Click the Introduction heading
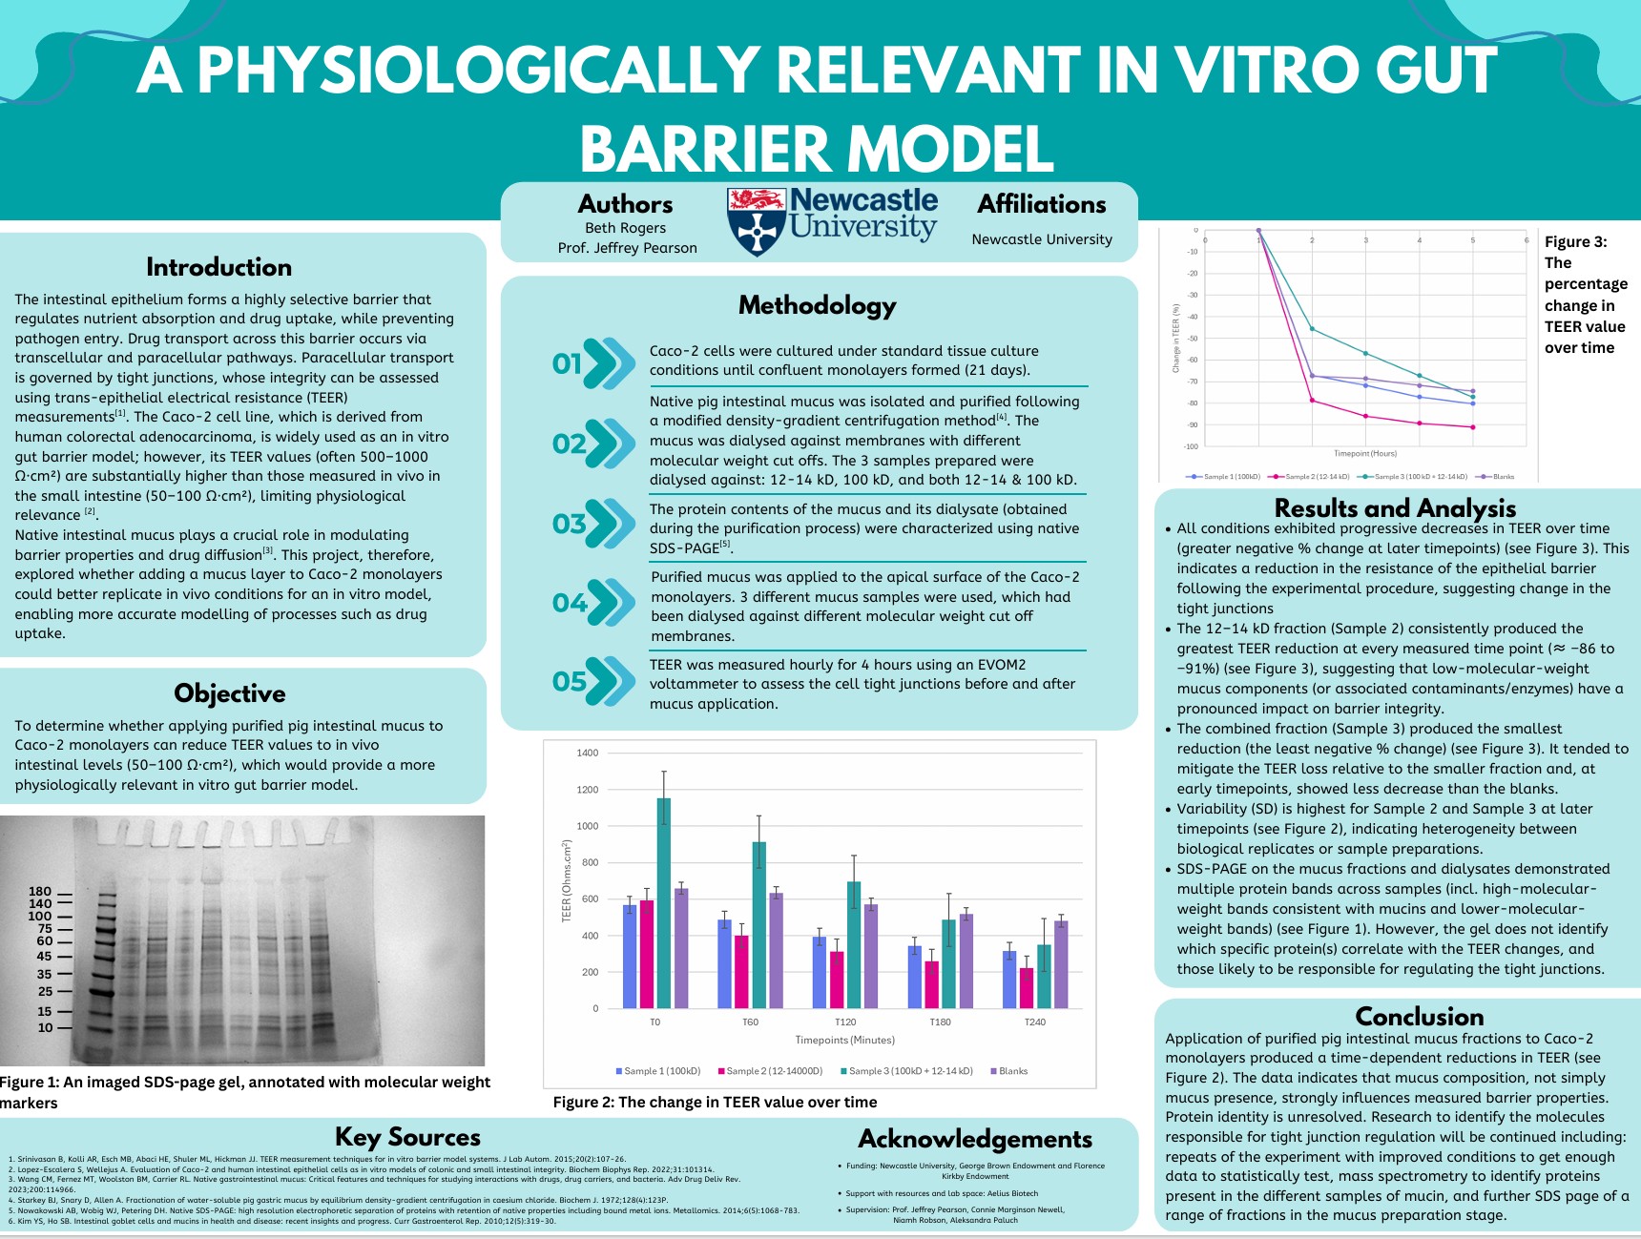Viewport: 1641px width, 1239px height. [x=218, y=267]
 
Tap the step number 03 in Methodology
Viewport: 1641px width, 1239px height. [x=570, y=524]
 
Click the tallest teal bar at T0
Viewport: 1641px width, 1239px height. [x=663, y=902]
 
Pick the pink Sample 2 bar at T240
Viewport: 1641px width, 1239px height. [x=1027, y=988]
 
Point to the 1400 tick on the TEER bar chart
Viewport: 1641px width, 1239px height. [x=587, y=753]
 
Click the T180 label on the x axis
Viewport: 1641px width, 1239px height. [x=940, y=1022]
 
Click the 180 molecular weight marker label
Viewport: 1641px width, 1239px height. [x=40, y=892]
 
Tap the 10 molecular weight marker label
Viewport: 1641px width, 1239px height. [x=45, y=1027]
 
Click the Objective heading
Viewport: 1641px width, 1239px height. [x=229, y=693]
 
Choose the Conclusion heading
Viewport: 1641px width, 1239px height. [x=1419, y=1017]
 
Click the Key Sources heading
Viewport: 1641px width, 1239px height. [x=407, y=1137]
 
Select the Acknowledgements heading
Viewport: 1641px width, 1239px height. [x=974, y=1139]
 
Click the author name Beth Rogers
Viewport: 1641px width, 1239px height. [x=625, y=228]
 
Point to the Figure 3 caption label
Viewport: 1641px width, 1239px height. [x=1575, y=242]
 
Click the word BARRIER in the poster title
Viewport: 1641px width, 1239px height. [x=703, y=150]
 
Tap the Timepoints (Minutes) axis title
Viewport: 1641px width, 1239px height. [x=844, y=1040]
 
